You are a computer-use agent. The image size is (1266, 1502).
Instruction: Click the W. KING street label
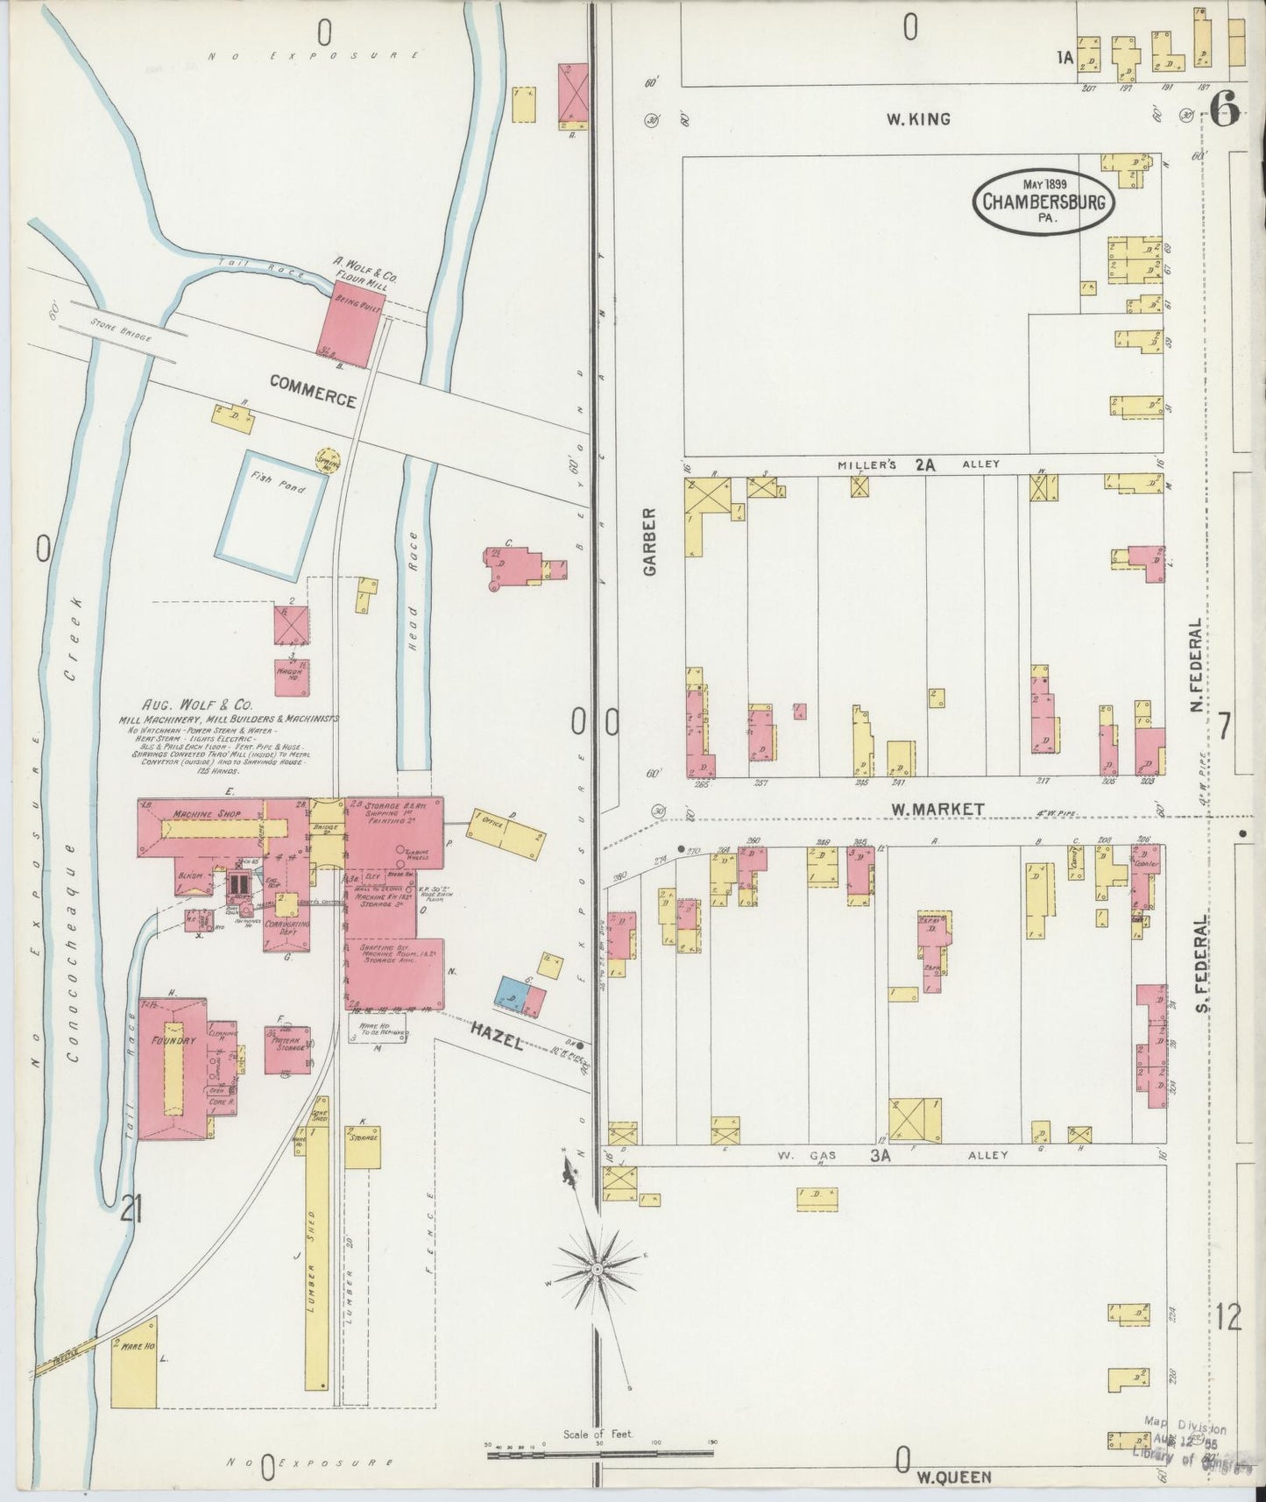[917, 119]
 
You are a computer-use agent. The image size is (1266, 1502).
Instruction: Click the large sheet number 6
[1225, 110]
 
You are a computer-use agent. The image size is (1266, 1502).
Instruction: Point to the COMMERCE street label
[313, 391]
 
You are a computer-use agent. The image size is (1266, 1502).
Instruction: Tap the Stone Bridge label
[120, 332]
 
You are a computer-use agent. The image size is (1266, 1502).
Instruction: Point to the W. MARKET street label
[938, 810]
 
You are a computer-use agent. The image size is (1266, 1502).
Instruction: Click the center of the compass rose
[597, 1268]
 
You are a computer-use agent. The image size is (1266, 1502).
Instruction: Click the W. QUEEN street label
[954, 1477]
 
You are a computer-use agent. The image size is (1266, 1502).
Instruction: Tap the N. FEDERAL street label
[1196, 665]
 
